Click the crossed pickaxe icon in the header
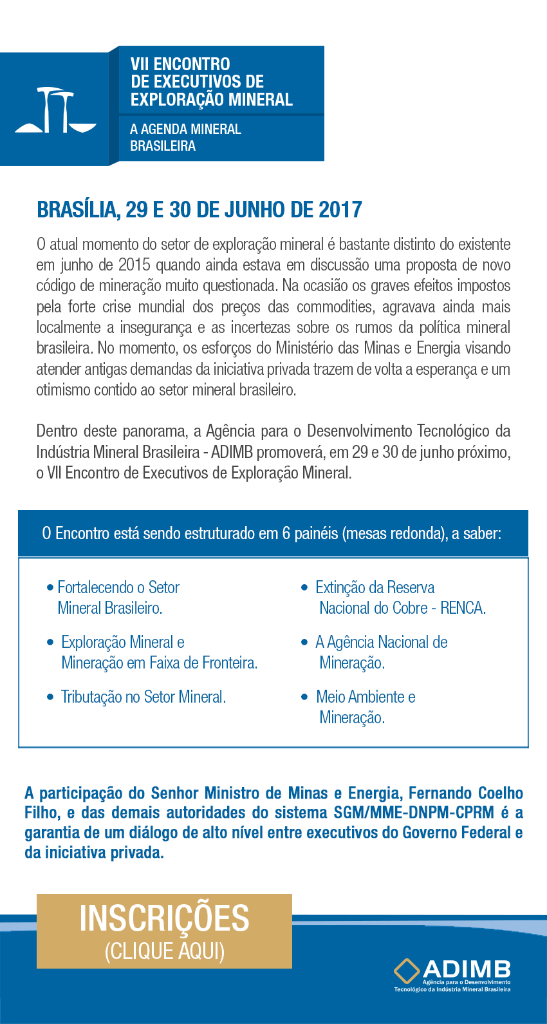point(55,110)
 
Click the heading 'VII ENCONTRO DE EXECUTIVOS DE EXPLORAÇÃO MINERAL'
point(211,82)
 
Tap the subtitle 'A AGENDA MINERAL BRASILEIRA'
point(185,137)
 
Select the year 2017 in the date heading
point(340,210)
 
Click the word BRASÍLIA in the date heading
point(78,210)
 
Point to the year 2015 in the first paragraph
point(134,265)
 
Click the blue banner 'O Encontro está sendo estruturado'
point(273,533)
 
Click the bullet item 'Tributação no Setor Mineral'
point(143,697)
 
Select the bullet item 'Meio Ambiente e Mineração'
point(366,707)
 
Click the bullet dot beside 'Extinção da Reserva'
point(304,587)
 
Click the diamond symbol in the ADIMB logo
point(406,971)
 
